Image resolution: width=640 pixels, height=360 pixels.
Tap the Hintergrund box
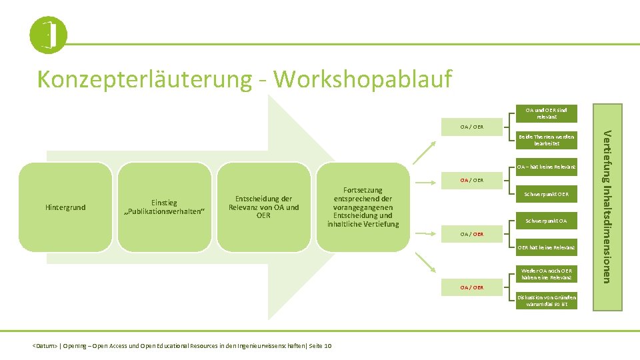pyautogui.click(x=65, y=207)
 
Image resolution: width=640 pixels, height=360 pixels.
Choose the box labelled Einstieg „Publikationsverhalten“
pyautogui.click(x=165, y=207)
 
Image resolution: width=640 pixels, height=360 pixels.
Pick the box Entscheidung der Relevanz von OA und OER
pyautogui.click(x=263, y=207)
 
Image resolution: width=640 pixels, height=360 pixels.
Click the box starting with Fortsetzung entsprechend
pyautogui.click(x=363, y=207)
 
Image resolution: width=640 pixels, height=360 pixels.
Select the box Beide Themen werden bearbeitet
pyautogui.click(x=545, y=140)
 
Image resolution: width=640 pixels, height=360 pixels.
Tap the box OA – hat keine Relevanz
pyautogui.click(x=545, y=166)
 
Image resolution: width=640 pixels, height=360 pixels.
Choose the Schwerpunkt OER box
pyautogui.click(x=545, y=194)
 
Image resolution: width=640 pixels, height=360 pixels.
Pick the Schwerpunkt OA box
pyautogui.click(x=545, y=221)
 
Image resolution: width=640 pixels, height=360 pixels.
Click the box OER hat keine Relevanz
pyautogui.click(x=545, y=248)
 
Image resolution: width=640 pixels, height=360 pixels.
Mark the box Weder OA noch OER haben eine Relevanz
pyautogui.click(x=545, y=273)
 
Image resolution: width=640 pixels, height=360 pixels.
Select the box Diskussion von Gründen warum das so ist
pyautogui.click(x=545, y=301)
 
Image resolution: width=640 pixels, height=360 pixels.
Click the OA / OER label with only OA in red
pyautogui.click(x=471, y=179)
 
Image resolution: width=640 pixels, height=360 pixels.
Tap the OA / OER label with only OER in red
pyautogui.click(x=471, y=234)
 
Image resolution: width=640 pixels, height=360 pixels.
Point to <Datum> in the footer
pyautogui.click(x=45, y=345)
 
